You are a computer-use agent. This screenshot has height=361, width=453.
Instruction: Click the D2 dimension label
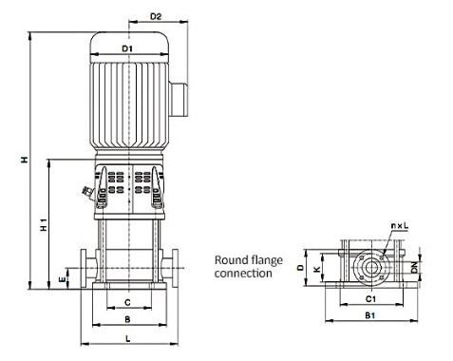[x=156, y=16]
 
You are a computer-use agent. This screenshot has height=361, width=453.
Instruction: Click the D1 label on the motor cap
[x=127, y=48]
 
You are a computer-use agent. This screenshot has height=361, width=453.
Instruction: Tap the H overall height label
[x=24, y=160]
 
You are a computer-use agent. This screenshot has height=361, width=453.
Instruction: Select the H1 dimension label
[x=44, y=224]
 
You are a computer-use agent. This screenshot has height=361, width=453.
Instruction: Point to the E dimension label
[x=63, y=279]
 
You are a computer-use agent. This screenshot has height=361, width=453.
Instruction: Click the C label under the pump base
[x=127, y=303]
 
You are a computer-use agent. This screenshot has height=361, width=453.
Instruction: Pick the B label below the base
[x=127, y=319]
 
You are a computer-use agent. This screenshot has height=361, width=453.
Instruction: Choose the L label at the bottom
[x=128, y=339]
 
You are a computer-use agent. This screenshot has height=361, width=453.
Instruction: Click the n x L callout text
[x=400, y=226]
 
